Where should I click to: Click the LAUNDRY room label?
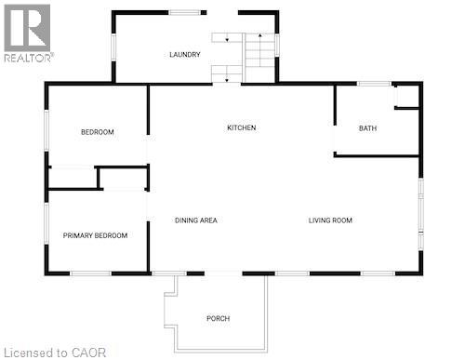coord(184,55)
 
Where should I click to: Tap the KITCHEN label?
coord(242,127)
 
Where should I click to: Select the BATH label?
coord(367,128)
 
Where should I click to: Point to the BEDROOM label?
coord(97,132)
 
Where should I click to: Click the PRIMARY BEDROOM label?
coord(95,235)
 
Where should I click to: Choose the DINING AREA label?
coord(195,220)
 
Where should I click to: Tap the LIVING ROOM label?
coord(330,220)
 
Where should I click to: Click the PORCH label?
coord(218,319)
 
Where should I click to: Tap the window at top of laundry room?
coord(186,12)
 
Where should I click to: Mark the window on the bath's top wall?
coord(374,85)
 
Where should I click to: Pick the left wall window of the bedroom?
coord(47,129)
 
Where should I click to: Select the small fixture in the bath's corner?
coord(406,97)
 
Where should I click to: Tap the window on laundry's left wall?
coord(113,46)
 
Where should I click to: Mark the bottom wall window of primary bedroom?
coord(91,273)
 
